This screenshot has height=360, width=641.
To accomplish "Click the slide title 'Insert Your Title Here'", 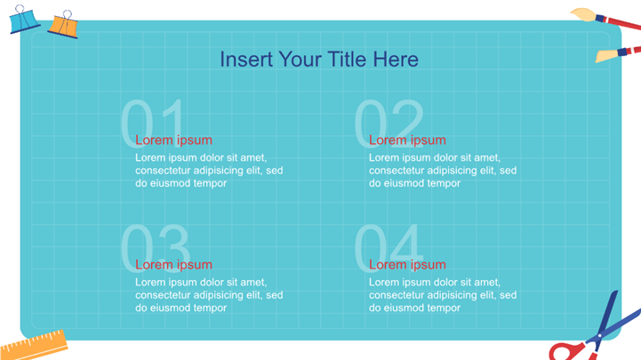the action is (x=319, y=60).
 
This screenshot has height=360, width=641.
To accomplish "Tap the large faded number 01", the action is (x=153, y=123).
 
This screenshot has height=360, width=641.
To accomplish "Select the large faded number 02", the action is (x=389, y=123).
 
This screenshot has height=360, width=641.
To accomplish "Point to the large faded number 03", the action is (x=156, y=248).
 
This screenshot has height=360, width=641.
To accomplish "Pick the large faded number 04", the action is (x=388, y=248).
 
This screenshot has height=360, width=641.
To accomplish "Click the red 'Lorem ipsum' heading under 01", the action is (x=173, y=140).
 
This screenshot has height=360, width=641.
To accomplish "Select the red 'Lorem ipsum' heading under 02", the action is (x=407, y=140).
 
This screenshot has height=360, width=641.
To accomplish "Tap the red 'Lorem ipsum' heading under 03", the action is (x=173, y=265).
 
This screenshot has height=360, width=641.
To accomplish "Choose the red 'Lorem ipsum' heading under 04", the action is (x=407, y=265).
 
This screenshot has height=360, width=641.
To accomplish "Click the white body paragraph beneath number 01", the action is (x=209, y=171).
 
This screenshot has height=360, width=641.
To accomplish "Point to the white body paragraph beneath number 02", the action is (x=443, y=171).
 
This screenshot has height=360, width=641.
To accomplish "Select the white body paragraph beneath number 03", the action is (x=209, y=295).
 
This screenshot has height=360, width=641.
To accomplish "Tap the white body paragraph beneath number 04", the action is (x=443, y=295).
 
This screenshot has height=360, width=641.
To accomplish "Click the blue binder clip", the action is (x=24, y=21).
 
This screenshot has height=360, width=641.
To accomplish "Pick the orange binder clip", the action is (x=64, y=27).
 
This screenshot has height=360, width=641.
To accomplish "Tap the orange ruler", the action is (x=34, y=346).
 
